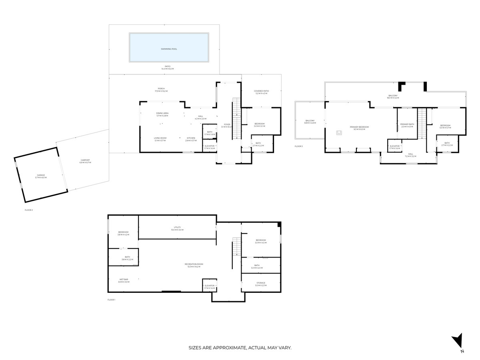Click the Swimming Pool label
(169, 49)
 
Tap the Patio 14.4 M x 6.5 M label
(168, 68)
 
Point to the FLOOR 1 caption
(111, 300)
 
